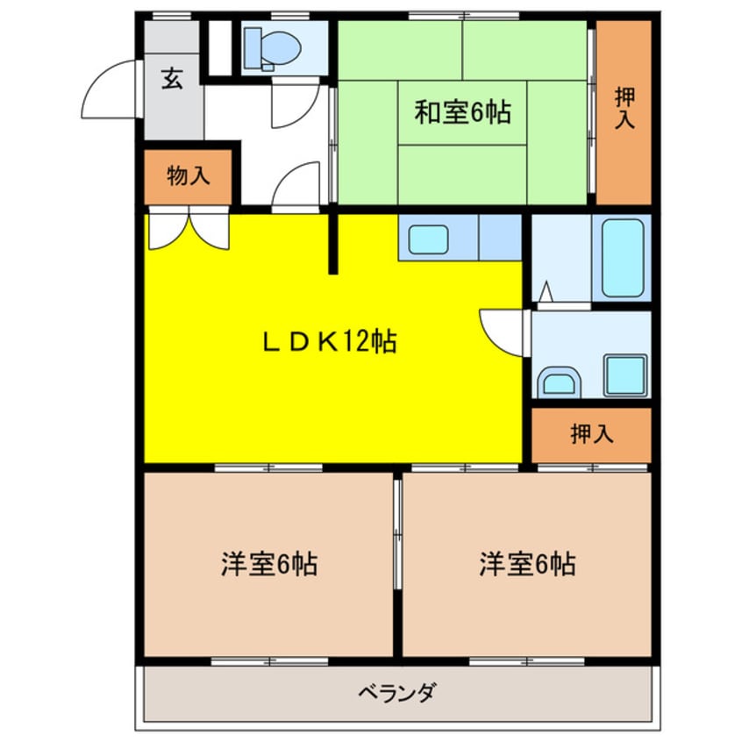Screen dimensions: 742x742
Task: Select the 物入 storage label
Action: tap(189, 175)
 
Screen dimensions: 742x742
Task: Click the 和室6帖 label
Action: tap(462, 112)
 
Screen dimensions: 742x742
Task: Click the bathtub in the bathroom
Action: tap(622, 257)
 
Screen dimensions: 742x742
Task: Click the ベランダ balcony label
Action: tap(396, 693)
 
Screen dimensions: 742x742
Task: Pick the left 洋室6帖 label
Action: tap(268, 564)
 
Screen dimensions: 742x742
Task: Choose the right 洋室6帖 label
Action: tap(527, 564)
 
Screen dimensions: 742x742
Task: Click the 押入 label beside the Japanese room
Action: tap(624, 109)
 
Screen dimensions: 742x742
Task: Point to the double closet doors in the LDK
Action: tap(188, 231)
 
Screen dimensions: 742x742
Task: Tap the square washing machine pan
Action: tap(624, 375)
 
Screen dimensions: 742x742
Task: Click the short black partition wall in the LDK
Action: tap(333, 243)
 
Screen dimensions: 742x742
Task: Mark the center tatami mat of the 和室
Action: tap(462, 112)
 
